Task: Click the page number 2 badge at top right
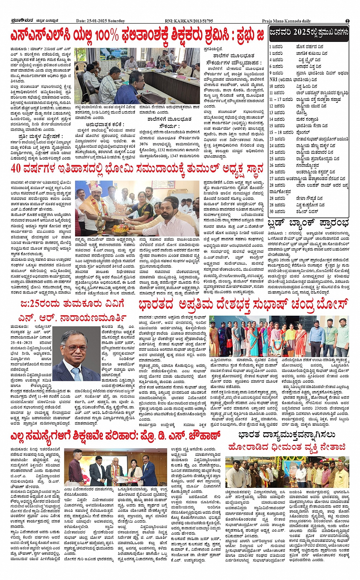tap(347, 21)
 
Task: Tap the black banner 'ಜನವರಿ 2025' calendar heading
tap(309, 33)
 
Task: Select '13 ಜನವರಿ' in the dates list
tap(277, 113)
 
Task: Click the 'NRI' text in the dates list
tap(273, 80)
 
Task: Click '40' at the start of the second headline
tap(16, 168)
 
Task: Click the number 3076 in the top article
tap(144, 144)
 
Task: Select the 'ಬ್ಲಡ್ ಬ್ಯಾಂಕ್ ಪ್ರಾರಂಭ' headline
tap(308, 222)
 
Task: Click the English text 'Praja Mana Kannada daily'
tap(286, 21)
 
